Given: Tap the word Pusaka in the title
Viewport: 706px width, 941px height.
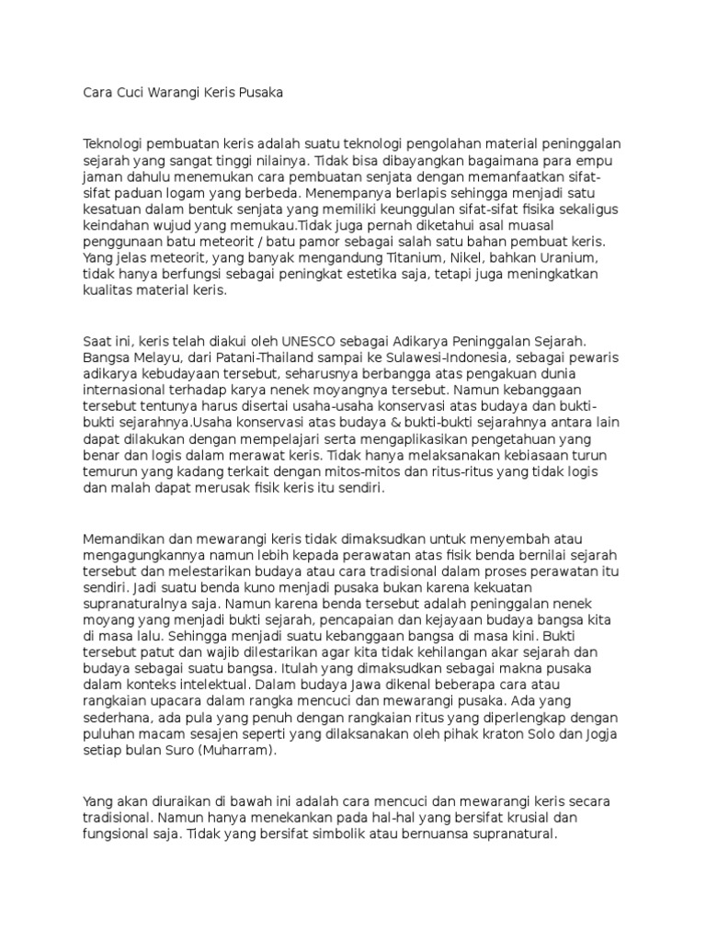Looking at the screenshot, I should click(x=260, y=93).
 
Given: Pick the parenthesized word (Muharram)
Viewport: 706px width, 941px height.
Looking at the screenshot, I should click(x=240, y=751).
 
